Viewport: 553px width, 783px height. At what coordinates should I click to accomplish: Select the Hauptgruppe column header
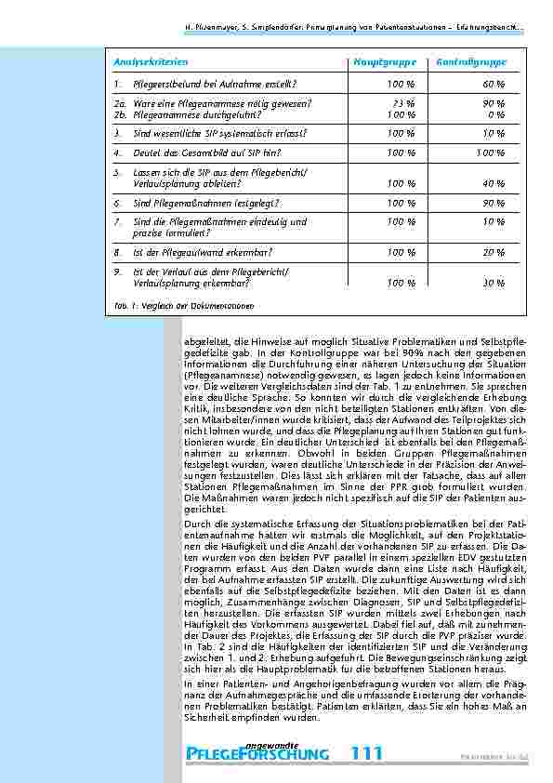click(x=381, y=61)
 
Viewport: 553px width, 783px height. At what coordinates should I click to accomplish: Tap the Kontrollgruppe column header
click(x=470, y=61)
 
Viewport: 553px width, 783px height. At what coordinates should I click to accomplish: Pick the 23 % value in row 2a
click(x=402, y=103)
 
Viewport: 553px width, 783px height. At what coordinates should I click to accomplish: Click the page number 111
click(x=368, y=752)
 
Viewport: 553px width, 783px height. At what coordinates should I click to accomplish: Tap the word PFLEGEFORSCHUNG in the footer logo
click(x=257, y=753)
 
